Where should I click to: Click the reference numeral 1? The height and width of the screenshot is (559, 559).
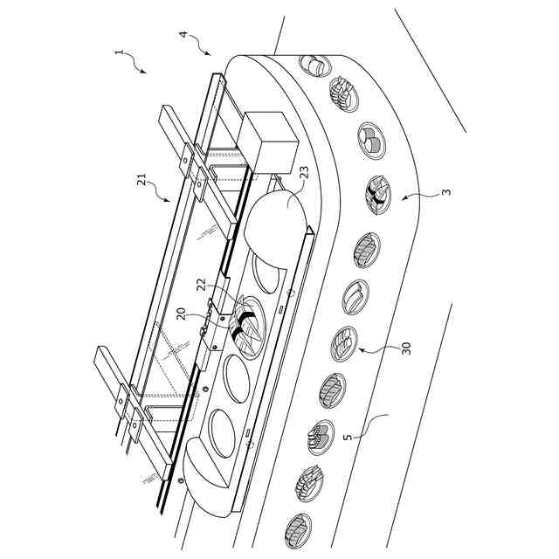119,52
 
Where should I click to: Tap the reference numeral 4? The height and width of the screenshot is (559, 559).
183,34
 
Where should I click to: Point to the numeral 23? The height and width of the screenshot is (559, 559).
302,184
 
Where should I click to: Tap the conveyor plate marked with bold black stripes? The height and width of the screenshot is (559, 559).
378,195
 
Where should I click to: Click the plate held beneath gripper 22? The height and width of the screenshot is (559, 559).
247,332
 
